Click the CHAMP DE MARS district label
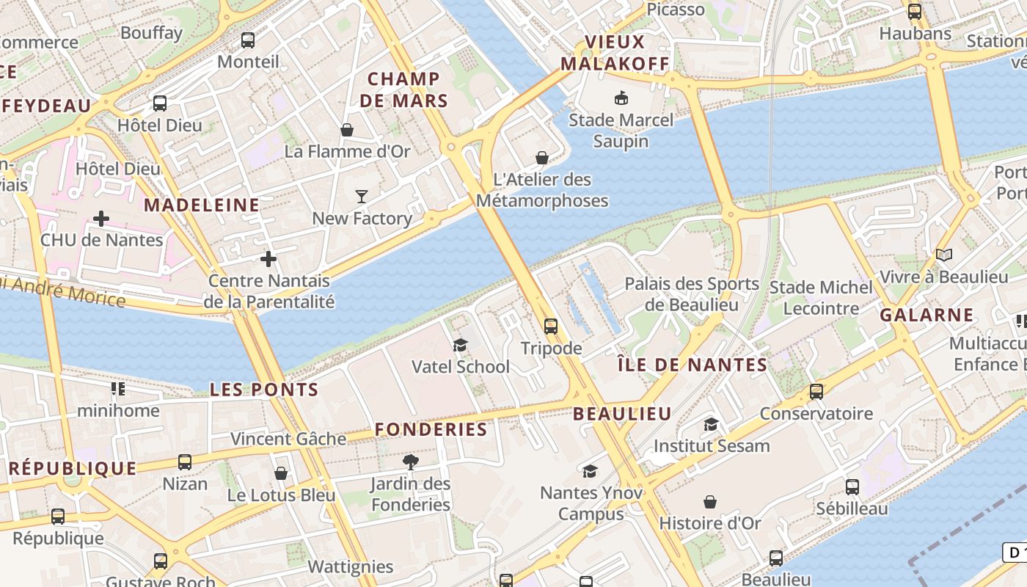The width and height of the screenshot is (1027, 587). point(403,90)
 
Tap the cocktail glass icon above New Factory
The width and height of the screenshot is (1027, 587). point(362,196)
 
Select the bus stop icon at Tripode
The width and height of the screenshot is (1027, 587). point(551,327)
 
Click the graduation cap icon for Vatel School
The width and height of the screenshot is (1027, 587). point(460,345)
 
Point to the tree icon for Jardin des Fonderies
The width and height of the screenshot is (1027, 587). point(411,462)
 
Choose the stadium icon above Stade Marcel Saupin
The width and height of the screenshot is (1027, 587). point(621,97)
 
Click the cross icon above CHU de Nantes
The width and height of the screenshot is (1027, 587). point(101,218)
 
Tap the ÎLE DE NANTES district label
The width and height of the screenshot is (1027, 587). point(692,365)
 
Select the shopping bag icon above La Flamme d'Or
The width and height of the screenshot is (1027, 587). point(347,130)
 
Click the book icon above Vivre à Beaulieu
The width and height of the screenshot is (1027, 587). point(944,255)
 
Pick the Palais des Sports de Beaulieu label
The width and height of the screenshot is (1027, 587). point(692,293)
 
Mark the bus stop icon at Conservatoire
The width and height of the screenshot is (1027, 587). point(816,392)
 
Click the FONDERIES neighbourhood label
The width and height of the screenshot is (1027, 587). point(431,429)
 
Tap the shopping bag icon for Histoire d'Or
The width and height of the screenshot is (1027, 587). point(710,502)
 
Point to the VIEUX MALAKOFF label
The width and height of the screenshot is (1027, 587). point(615,53)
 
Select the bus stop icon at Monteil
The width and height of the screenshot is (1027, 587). point(248,40)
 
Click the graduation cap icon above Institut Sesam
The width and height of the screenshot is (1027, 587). point(711,424)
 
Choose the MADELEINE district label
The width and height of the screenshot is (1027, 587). point(201,205)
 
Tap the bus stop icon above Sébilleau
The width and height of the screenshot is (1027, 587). point(852,486)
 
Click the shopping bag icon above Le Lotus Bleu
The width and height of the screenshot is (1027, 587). point(281,473)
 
